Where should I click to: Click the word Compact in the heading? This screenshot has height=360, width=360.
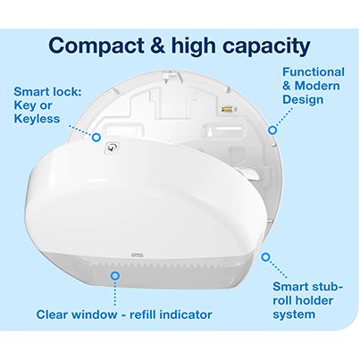point(93,45)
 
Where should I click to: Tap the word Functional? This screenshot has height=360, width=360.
point(314,71)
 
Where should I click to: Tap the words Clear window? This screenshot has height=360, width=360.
point(79,314)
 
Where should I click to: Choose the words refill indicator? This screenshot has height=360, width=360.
point(172,314)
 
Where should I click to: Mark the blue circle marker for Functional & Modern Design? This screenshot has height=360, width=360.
point(272,130)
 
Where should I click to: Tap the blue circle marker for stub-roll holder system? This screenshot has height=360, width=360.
point(265,256)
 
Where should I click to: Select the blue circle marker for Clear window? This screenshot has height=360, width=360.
point(114,276)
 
